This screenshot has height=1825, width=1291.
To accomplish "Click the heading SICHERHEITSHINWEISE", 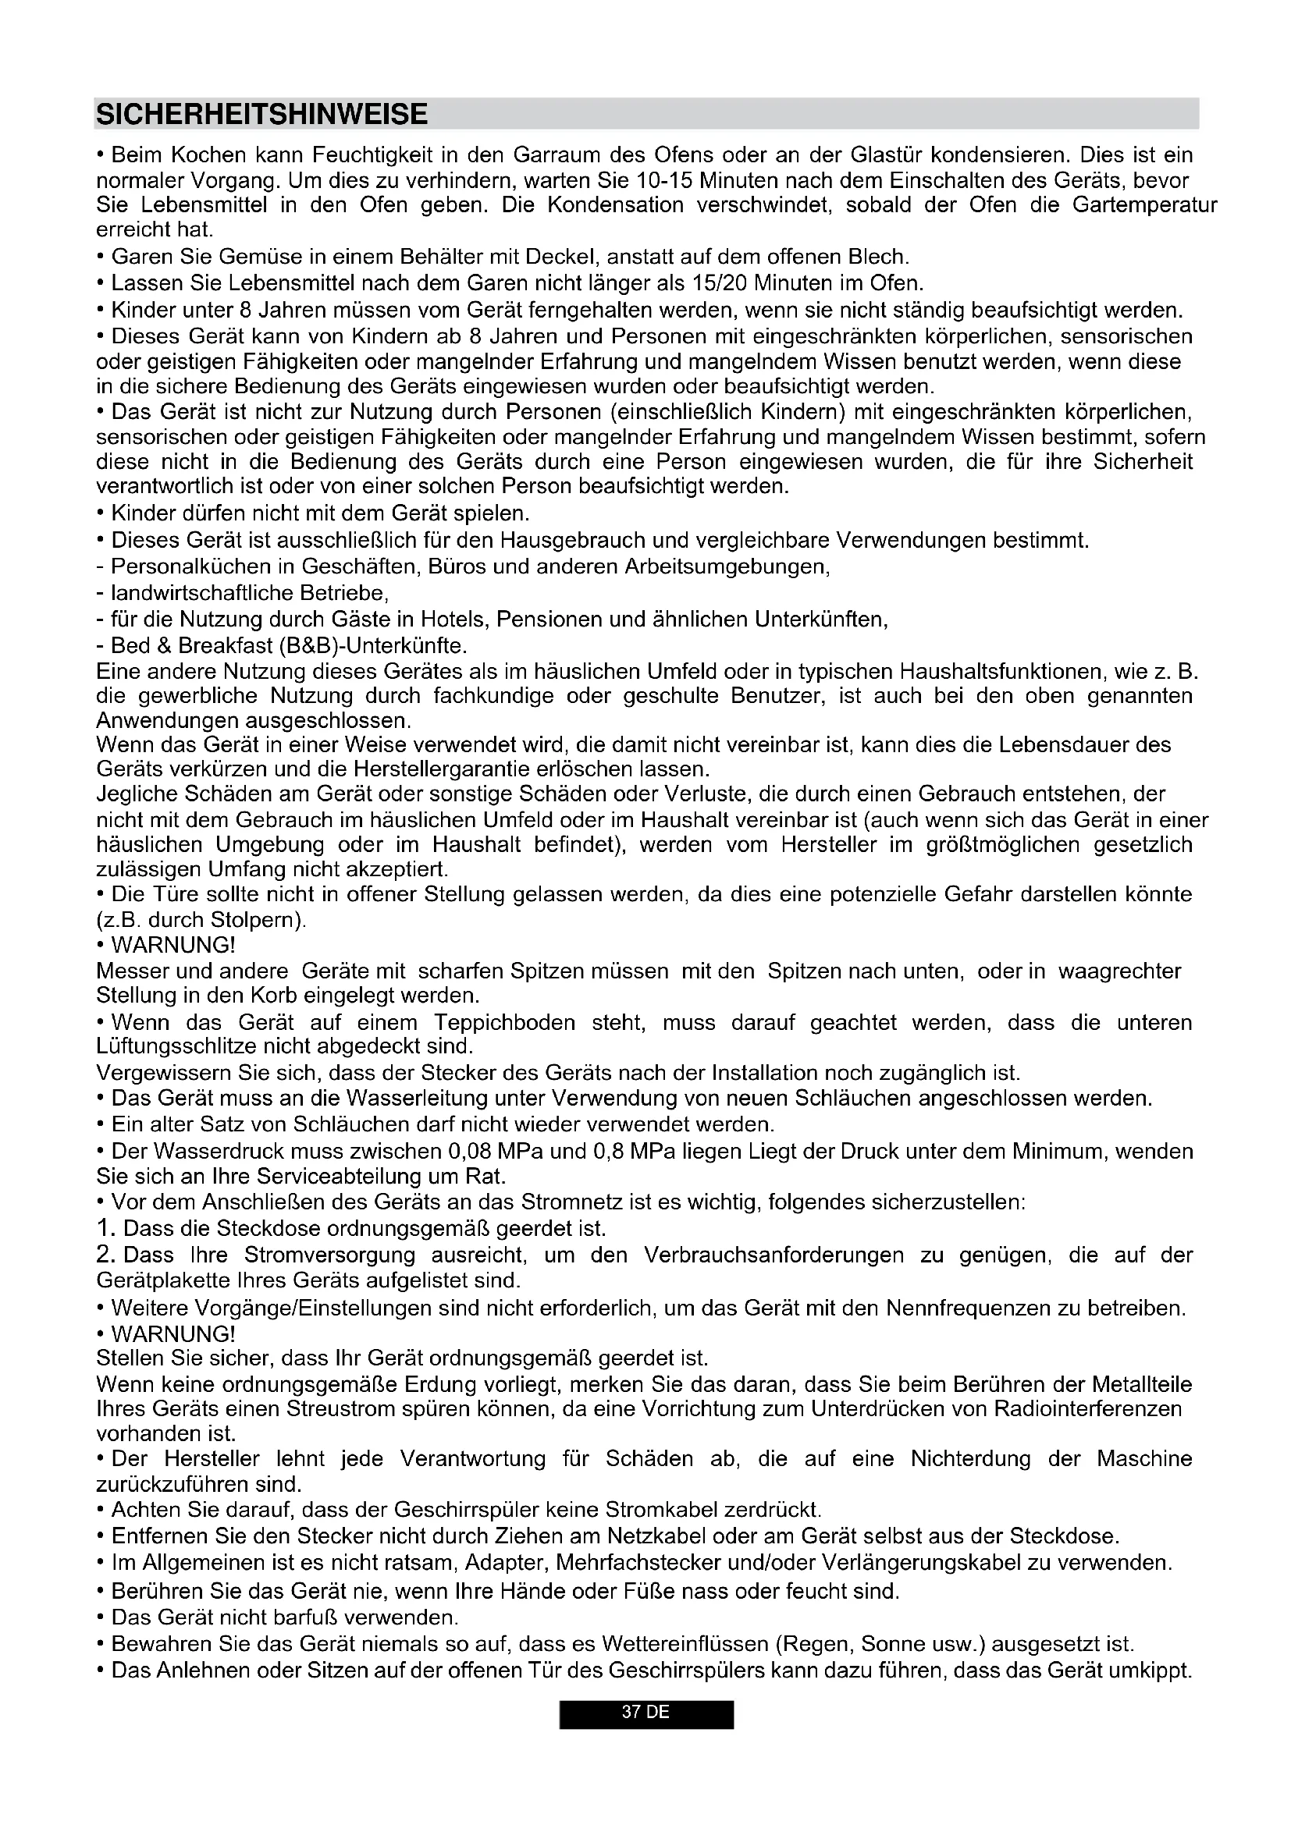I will pyautogui.click(x=261, y=115).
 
